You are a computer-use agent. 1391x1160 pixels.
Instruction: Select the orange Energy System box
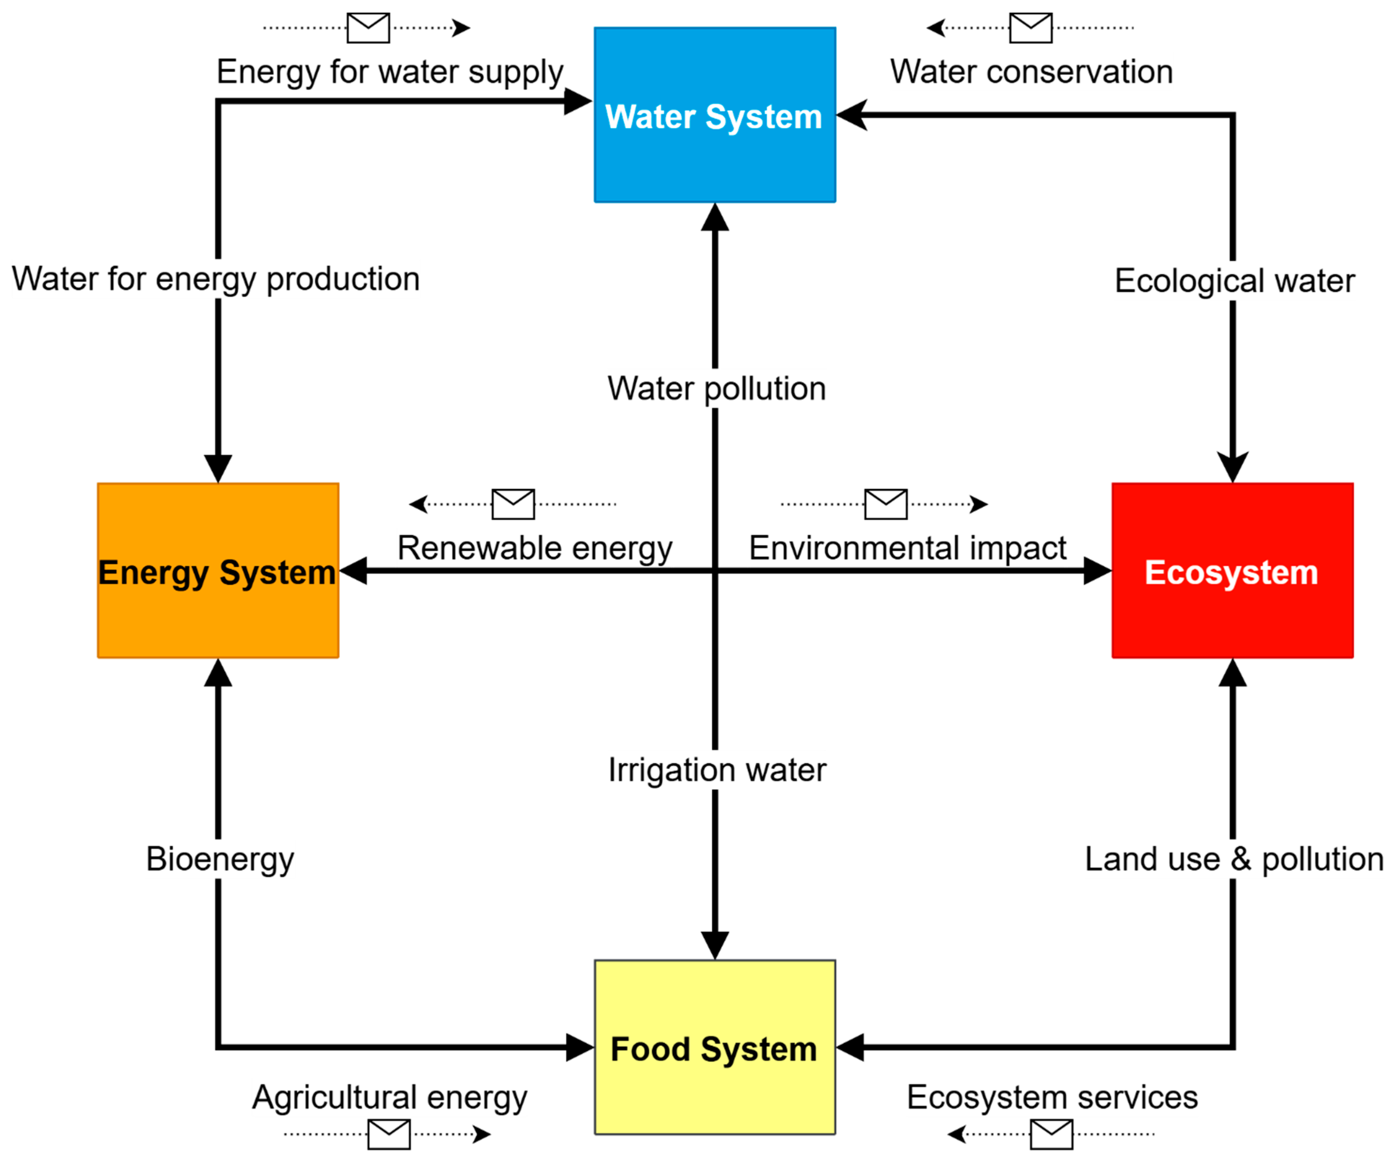[x=218, y=571]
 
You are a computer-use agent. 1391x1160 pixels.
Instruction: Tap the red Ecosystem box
[x=1232, y=571]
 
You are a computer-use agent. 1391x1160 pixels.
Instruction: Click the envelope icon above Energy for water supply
[x=368, y=28]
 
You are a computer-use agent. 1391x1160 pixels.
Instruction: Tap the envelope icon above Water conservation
[x=1031, y=28]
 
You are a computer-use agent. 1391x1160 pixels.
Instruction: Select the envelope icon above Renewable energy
[x=513, y=504]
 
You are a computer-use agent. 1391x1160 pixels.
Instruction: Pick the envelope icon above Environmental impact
[x=885, y=504]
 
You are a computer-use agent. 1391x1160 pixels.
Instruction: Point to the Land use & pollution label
[x=1233, y=860]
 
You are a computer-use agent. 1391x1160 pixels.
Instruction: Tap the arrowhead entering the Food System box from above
[x=715, y=944]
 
